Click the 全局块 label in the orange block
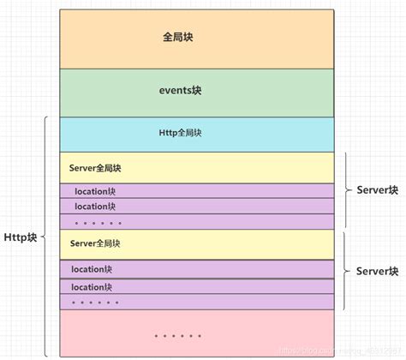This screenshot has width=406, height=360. pos(179,38)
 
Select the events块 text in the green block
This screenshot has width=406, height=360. pos(180,90)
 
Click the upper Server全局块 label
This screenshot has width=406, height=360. pos(95,168)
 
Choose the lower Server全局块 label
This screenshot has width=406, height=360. pos(95,243)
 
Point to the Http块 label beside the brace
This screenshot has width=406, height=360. pos(20,237)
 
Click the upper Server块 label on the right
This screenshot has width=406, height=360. pos(377,190)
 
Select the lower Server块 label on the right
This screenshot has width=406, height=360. pos(377,271)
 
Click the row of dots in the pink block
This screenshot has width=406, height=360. pos(178,335)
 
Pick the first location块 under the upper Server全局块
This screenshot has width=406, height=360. pos(94,191)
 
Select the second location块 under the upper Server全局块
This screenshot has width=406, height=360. pos(94,207)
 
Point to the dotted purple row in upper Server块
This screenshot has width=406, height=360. pos(97,222)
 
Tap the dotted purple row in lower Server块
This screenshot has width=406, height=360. pos(95,302)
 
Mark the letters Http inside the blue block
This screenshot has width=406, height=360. pos(167,133)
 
